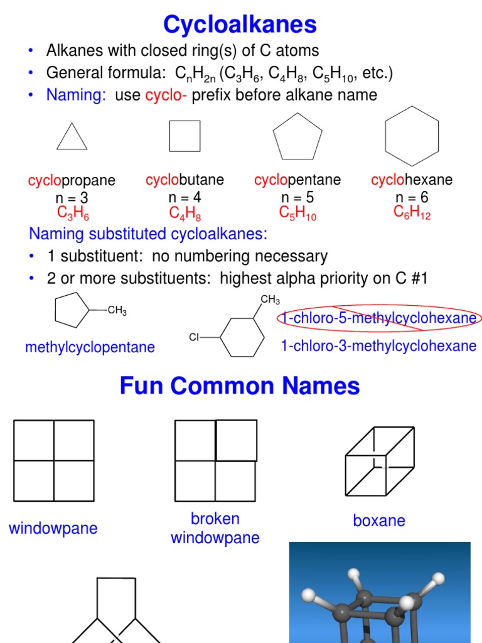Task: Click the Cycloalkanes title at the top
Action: point(240,24)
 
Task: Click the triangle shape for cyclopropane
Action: point(72,138)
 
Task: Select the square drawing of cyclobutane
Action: point(185,136)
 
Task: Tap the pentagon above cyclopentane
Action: point(297,137)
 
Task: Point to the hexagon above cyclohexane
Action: point(412,136)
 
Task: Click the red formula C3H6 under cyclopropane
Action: point(73,213)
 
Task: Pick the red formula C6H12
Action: point(412,213)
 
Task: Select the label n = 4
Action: point(185,197)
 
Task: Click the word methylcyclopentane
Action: point(90,347)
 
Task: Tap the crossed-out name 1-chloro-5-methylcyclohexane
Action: point(378,318)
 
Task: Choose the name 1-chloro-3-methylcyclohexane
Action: point(378,346)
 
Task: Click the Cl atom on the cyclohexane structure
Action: point(194,338)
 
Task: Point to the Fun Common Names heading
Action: point(240,386)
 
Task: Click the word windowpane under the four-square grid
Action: point(53,528)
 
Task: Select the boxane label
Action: point(379,521)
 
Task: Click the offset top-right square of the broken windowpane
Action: point(236,440)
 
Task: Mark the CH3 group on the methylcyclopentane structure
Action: point(117,310)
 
